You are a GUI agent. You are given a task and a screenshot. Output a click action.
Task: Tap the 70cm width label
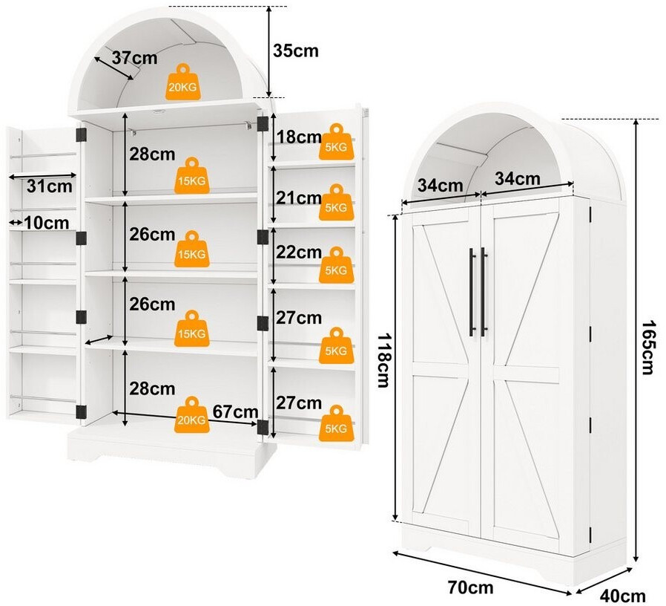[471, 587]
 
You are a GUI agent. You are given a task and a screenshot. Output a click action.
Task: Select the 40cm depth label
[622, 596]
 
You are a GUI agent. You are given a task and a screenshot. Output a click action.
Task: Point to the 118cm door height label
[383, 360]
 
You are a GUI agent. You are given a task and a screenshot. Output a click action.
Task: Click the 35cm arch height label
[296, 50]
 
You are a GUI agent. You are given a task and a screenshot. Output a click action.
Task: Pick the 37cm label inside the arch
[135, 57]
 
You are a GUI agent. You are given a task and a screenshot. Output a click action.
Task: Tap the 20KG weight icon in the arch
[182, 82]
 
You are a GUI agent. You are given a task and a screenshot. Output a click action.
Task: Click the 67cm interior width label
[235, 411]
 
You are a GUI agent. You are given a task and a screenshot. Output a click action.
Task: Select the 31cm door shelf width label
[49, 186]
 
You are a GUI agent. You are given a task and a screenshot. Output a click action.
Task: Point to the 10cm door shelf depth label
[46, 222]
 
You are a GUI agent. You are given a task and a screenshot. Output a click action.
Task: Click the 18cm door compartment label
[299, 137]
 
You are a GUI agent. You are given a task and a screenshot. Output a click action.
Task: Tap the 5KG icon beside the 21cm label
[336, 203]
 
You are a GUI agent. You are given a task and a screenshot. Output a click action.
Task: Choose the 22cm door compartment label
[299, 252]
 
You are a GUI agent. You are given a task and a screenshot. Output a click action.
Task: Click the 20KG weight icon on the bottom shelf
[191, 414]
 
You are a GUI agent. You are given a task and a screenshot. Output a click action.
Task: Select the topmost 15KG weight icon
[191, 175]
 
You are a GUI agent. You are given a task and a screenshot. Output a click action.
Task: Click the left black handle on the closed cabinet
[472, 292]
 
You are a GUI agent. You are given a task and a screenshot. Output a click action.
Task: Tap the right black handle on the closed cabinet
[484, 292]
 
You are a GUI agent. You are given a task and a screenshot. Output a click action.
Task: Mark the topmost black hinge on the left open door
[81, 135]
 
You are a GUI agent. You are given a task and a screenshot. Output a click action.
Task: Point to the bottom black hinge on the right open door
[263, 427]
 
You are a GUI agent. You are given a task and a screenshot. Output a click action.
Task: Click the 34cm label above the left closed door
[440, 186]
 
